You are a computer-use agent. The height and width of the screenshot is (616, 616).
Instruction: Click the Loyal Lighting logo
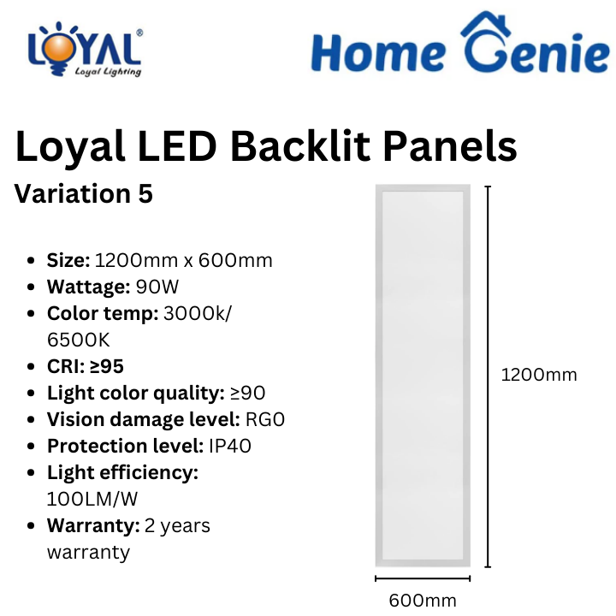pyautogui.click(x=85, y=49)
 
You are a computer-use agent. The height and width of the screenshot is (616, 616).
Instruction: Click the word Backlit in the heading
pyautogui.click(x=300, y=146)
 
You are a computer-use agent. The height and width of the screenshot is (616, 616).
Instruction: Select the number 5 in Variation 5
pyautogui.click(x=145, y=193)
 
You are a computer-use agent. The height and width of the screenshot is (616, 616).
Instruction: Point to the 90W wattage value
pyautogui.click(x=157, y=287)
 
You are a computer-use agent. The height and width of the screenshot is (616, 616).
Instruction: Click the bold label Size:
pyautogui.click(x=68, y=260)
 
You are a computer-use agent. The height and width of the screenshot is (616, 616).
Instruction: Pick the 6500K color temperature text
pyautogui.click(x=79, y=340)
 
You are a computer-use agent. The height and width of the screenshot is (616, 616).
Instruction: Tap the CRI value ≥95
pyautogui.click(x=107, y=366)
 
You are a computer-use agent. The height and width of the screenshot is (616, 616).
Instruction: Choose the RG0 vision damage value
pyautogui.click(x=265, y=419)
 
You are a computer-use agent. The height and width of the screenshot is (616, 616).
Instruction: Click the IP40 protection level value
pyautogui.click(x=230, y=446)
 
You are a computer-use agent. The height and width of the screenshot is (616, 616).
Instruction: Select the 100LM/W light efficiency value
pyautogui.click(x=92, y=499)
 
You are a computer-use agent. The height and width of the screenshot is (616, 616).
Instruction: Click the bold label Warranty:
pyautogui.click(x=93, y=525)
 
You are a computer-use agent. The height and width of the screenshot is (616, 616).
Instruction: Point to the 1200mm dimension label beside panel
pyautogui.click(x=539, y=375)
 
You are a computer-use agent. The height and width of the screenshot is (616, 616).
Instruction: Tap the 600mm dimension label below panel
pyautogui.click(x=423, y=601)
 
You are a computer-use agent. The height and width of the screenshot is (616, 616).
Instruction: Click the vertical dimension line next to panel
pyautogui.click(x=488, y=376)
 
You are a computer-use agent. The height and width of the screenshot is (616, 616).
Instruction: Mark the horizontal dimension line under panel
pyautogui.click(x=423, y=578)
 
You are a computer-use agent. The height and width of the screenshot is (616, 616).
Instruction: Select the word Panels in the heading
pyautogui.click(x=450, y=146)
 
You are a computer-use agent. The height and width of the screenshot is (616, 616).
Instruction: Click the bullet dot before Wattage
pyautogui.click(x=31, y=287)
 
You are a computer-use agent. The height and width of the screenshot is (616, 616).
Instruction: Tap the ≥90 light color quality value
pyautogui.click(x=248, y=393)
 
